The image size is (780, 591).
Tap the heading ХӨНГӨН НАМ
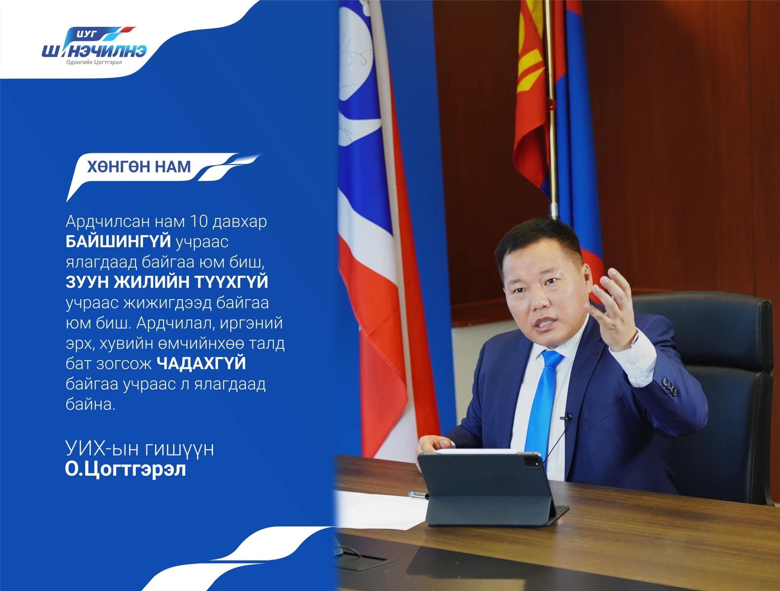139,167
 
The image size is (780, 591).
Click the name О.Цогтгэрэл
125,470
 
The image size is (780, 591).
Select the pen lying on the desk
419,495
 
